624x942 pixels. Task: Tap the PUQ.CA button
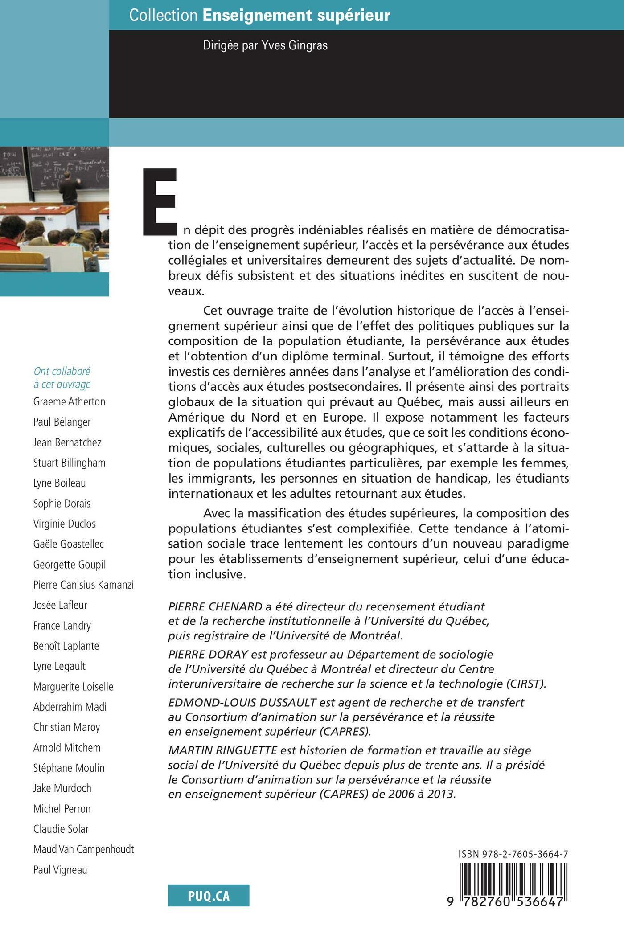(x=209, y=895)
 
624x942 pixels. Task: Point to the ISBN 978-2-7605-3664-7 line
(x=513, y=854)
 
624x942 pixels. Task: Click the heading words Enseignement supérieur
(x=296, y=16)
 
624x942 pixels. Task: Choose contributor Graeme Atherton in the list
(x=69, y=401)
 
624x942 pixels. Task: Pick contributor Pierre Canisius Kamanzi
(x=83, y=585)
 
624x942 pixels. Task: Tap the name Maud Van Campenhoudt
(x=83, y=849)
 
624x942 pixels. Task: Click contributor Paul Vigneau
(x=60, y=869)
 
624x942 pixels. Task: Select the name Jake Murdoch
(x=62, y=788)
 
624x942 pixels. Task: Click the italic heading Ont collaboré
(x=62, y=371)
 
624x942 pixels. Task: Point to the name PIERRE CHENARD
(x=215, y=606)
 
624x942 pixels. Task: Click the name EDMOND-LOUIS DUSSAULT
(x=242, y=702)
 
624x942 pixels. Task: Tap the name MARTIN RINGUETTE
(x=223, y=750)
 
